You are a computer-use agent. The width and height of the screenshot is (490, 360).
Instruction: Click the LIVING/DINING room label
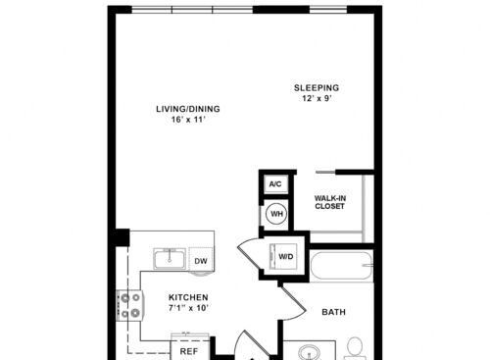[188, 109]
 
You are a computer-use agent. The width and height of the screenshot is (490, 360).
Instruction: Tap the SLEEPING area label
[317, 87]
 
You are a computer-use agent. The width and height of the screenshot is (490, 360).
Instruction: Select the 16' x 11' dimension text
[188, 120]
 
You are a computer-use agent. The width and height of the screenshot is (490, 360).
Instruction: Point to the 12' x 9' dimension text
[317, 98]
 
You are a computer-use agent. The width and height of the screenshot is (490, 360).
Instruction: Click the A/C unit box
[275, 184]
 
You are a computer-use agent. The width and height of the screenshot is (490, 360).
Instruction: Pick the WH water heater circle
[277, 214]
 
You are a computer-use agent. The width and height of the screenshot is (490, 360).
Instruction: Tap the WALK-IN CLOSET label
[330, 202]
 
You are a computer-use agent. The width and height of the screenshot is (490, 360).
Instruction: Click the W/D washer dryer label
[286, 257]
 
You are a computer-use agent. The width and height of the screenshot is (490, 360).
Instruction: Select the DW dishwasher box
[201, 260]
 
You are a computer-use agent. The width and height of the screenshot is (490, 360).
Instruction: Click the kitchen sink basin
[170, 259]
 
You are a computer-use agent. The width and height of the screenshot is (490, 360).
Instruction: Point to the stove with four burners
[129, 305]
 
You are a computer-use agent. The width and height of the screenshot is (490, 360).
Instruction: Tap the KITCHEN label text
[188, 297]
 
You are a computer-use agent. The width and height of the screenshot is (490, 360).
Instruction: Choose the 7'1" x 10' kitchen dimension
[188, 308]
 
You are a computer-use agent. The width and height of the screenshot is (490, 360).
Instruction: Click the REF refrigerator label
[189, 351]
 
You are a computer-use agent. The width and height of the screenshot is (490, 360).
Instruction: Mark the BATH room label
[333, 312]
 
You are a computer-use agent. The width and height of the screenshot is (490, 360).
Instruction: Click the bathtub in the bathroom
[342, 265]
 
